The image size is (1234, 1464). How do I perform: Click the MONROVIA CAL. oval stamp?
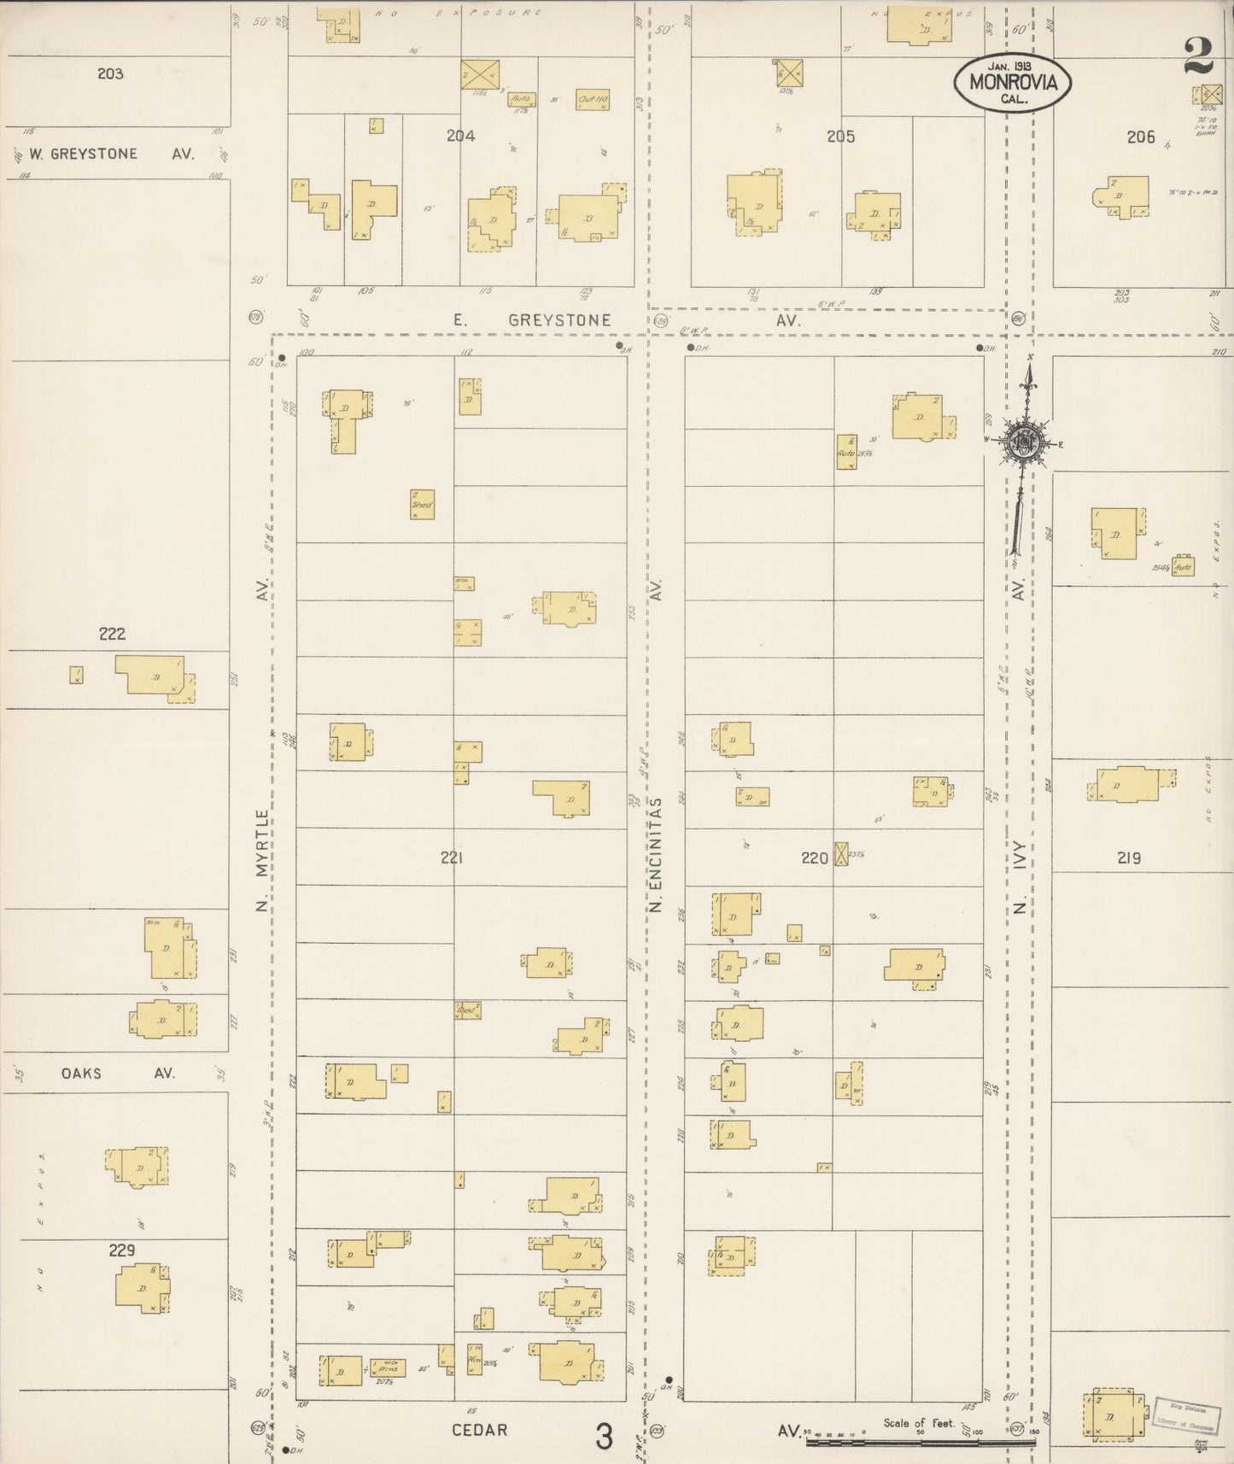pyautogui.click(x=1012, y=82)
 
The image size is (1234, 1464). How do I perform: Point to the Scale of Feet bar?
pyautogui.click(x=920, y=1442)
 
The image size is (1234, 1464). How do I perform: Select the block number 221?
pyautogui.click(x=452, y=858)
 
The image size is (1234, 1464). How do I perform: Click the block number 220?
pyautogui.click(x=814, y=858)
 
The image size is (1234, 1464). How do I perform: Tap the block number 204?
pyautogui.click(x=460, y=135)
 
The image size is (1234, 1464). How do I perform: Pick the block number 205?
pyautogui.click(x=840, y=136)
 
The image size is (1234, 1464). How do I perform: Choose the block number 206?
pyautogui.click(x=1140, y=136)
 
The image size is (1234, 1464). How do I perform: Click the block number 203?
pyautogui.click(x=110, y=73)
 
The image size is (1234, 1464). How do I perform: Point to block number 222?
pyautogui.click(x=112, y=633)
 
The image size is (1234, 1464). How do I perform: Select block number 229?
pyautogui.click(x=121, y=1250)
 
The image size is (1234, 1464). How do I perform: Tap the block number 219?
pyautogui.click(x=1129, y=858)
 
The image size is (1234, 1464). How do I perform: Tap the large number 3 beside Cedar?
pyautogui.click(x=604, y=1437)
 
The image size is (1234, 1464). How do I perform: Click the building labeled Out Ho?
pyautogui.click(x=592, y=100)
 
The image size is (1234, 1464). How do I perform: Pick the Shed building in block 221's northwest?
pyautogui.click(x=422, y=504)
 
